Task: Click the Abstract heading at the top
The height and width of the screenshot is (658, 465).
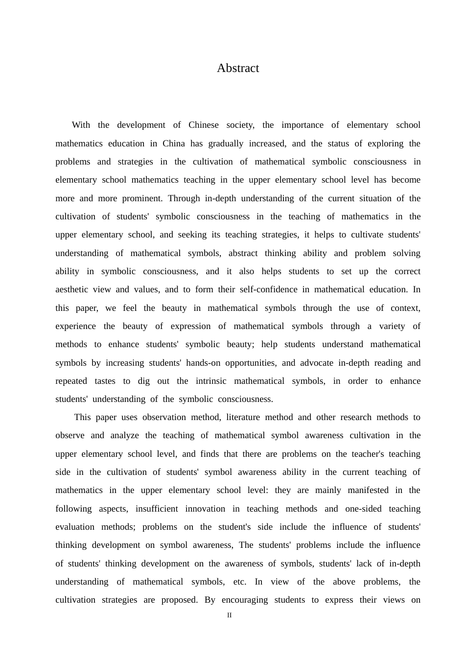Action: tap(238, 68)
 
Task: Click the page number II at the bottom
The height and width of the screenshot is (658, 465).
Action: tap(229, 615)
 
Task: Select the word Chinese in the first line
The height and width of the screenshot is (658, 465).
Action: tap(204, 125)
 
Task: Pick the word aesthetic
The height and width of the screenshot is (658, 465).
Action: tap(71, 289)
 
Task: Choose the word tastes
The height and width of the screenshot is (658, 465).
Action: tap(105, 381)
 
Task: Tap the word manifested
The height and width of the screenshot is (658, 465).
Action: tap(368, 490)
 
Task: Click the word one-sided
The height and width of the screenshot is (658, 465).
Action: tap(363, 509)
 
